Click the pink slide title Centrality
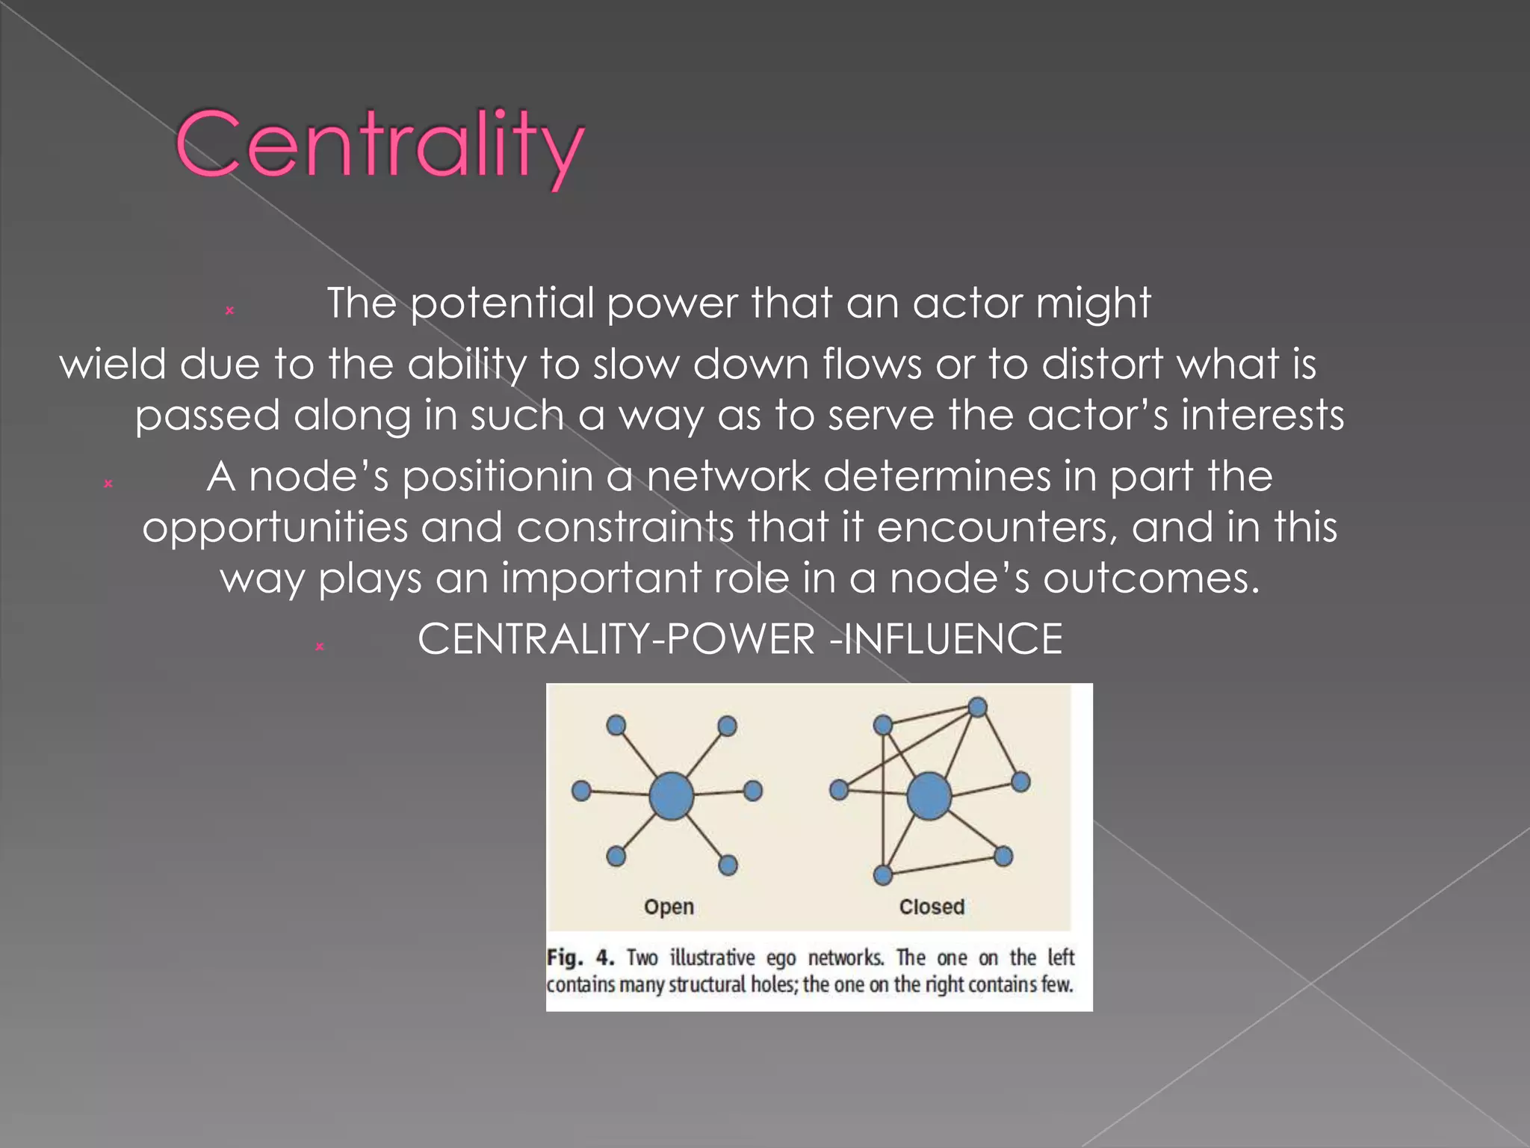[380, 145]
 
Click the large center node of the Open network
[671, 796]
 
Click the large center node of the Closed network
[929, 797]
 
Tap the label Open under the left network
[669, 907]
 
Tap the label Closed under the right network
[932, 907]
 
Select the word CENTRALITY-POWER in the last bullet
[616, 640]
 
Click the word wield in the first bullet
[112, 365]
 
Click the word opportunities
[275, 528]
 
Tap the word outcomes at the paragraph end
[1150, 578]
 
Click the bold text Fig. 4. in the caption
[580, 957]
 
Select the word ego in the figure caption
[781, 957]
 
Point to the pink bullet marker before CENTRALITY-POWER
[319, 646]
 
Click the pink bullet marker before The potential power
[229, 310]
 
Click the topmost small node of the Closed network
[977, 706]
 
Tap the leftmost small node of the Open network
[581, 791]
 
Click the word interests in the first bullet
[1262, 416]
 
